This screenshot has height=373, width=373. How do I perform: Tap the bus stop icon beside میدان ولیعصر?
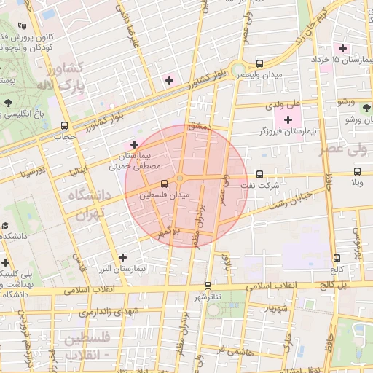pyautogui.click(x=260, y=63)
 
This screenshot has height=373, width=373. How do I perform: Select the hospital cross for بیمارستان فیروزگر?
pyautogui.click(x=287, y=119)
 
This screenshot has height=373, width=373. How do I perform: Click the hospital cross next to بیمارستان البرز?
pyautogui.click(x=122, y=257)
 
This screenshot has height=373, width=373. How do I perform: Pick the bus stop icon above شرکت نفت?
pyautogui.click(x=260, y=173)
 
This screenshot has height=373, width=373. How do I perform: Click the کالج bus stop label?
pyautogui.click(x=337, y=269)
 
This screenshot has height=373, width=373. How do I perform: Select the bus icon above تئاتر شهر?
pyautogui.click(x=208, y=285)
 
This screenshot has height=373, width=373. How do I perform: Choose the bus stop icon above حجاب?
pyautogui.click(x=65, y=125)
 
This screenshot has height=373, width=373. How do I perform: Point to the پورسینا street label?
pyautogui.click(x=34, y=173)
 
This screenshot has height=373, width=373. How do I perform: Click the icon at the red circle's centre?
pyautogui.click(x=180, y=179)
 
